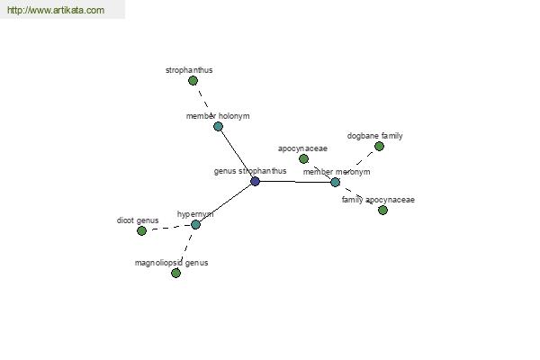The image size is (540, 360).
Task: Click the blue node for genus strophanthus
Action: click(255, 181)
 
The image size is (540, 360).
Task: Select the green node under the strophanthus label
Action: click(193, 81)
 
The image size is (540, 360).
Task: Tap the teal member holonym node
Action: click(218, 126)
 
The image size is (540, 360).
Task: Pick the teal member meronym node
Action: click(335, 182)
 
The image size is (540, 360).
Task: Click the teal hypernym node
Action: click(195, 225)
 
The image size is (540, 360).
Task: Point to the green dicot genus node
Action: click(141, 230)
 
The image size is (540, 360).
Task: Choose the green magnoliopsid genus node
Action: click(175, 274)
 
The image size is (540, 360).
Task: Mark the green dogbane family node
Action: click(379, 147)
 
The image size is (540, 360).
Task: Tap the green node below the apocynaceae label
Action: click(303, 158)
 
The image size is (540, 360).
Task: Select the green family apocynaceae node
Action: click(382, 210)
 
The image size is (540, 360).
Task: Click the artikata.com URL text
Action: click(56, 10)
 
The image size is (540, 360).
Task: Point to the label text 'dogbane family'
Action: click(375, 136)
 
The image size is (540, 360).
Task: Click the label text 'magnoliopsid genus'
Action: click(172, 263)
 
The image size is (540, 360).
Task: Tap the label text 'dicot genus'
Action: click(138, 220)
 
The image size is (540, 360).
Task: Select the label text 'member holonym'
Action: click(218, 116)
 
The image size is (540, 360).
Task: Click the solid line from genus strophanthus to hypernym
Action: click(225, 202)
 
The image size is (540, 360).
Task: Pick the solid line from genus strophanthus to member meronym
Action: click(295, 182)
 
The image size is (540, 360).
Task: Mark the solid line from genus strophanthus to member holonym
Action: click(236, 154)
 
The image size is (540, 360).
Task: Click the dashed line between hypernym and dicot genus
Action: click(168, 228)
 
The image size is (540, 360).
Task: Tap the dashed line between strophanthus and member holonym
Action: click(205, 103)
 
